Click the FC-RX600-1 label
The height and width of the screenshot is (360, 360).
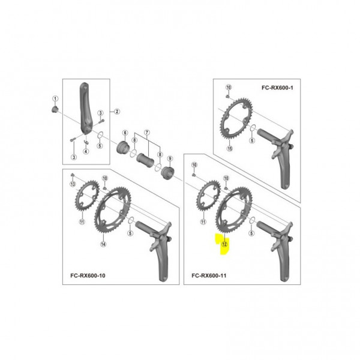click(277, 88)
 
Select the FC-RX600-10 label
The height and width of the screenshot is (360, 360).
click(88, 275)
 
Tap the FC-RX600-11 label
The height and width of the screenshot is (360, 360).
click(209, 275)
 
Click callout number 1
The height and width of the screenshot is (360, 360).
click(55, 99)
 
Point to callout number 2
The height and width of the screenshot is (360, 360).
click(117, 112)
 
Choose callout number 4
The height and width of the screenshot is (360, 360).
click(86, 151)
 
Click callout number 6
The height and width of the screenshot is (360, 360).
click(125, 133)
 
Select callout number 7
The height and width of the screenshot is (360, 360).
click(147, 133)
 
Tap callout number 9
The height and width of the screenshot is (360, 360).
click(170, 158)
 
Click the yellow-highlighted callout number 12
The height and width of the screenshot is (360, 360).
click(224, 244)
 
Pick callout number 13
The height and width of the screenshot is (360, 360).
click(73, 184)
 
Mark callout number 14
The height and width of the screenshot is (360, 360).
click(103, 244)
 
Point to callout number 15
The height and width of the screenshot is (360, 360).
click(230, 149)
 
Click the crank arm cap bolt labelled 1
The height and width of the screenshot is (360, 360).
click(55, 110)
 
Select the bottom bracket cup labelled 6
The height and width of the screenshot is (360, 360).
click(123, 147)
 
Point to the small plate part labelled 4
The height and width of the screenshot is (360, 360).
click(86, 142)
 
